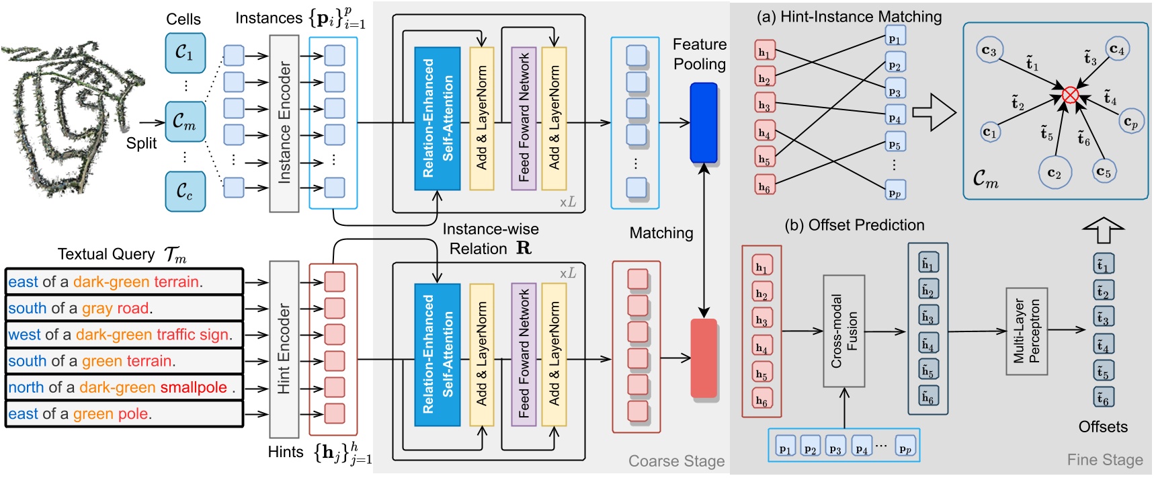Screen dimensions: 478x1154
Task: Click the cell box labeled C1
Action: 185,52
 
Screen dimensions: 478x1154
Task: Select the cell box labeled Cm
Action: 185,122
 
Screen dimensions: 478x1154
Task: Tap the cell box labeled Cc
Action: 185,191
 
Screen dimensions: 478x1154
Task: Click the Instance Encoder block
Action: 284,123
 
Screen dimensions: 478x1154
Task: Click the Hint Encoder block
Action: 284,349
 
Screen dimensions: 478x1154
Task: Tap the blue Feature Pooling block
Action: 704,122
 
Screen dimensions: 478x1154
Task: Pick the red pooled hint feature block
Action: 704,358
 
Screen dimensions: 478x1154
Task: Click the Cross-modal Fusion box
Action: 844,331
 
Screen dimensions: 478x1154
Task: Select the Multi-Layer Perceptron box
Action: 1026,331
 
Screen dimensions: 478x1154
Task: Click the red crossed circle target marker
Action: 1070,95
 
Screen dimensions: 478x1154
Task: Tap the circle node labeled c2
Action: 1054,173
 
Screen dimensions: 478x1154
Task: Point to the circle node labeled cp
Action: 1130,122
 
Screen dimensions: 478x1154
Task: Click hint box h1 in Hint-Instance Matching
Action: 765,52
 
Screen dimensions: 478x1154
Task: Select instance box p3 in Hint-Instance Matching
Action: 895,91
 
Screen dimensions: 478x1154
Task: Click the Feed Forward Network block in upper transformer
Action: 524,118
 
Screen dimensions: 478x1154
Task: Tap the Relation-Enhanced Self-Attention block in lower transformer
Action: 437,355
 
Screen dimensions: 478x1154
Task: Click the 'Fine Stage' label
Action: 1104,460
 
